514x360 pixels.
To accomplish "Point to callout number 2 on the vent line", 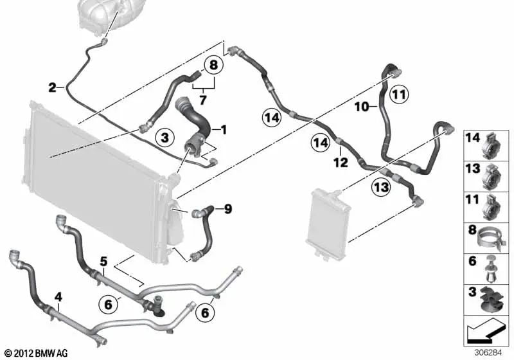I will coord(53,86).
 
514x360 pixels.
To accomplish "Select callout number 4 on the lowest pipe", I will coord(58,297).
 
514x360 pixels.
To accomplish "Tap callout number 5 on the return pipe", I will coord(103,261).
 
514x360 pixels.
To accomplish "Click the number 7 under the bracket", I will coord(202,100).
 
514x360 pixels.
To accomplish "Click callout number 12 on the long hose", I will coord(341,163).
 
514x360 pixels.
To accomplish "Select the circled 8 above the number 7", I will coord(212,65).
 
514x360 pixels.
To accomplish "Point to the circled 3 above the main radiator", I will coord(164,137).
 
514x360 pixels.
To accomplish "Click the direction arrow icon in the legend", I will coord(484,333).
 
